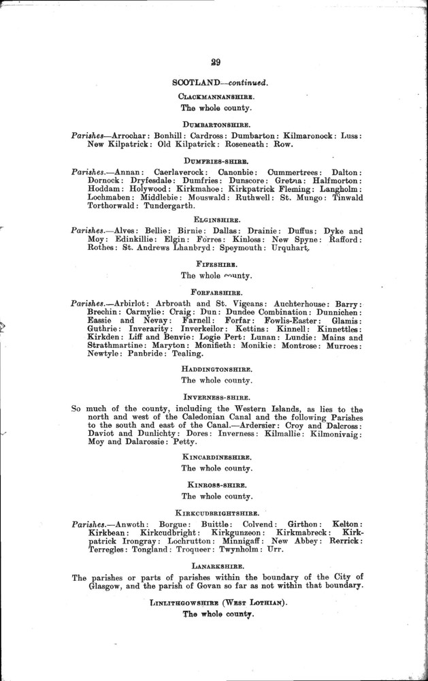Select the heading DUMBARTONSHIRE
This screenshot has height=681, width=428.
(216, 125)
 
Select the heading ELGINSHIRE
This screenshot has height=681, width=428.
(216, 220)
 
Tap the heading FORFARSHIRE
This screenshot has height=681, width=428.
(216, 291)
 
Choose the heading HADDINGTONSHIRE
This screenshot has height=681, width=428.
(216, 369)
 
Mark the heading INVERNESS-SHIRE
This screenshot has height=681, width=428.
(216, 397)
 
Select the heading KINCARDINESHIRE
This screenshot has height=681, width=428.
(216, 456)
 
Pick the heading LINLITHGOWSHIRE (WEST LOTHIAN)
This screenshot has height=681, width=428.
(216, 601)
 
